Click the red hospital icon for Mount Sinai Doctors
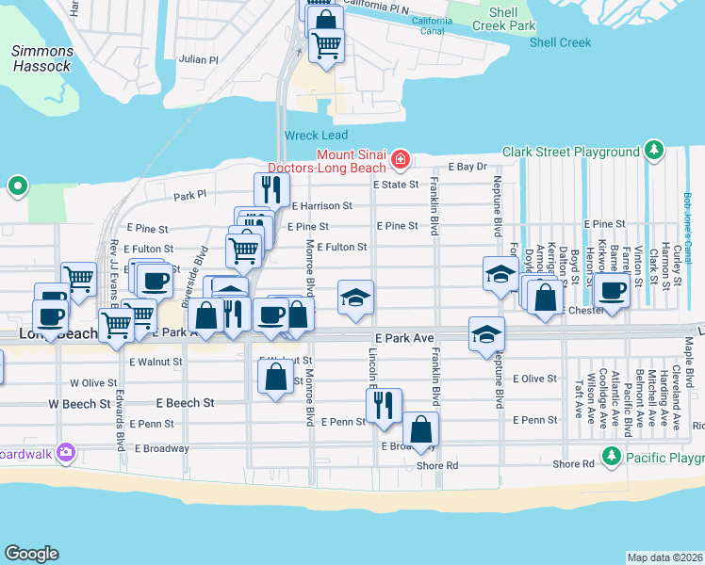tap(401, 160)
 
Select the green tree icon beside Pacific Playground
tap(612, 457)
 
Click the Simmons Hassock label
tap(41, 58)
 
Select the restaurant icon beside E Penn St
tap(384, 404)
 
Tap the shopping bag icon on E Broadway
tap(421, 428)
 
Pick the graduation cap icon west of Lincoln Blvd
tap(355, 298)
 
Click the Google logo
tap(31, 553)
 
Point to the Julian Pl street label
tap(199, 58)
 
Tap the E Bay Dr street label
tap(467, 167)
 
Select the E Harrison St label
tap(321, 205)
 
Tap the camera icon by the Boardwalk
tap(65, 451)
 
